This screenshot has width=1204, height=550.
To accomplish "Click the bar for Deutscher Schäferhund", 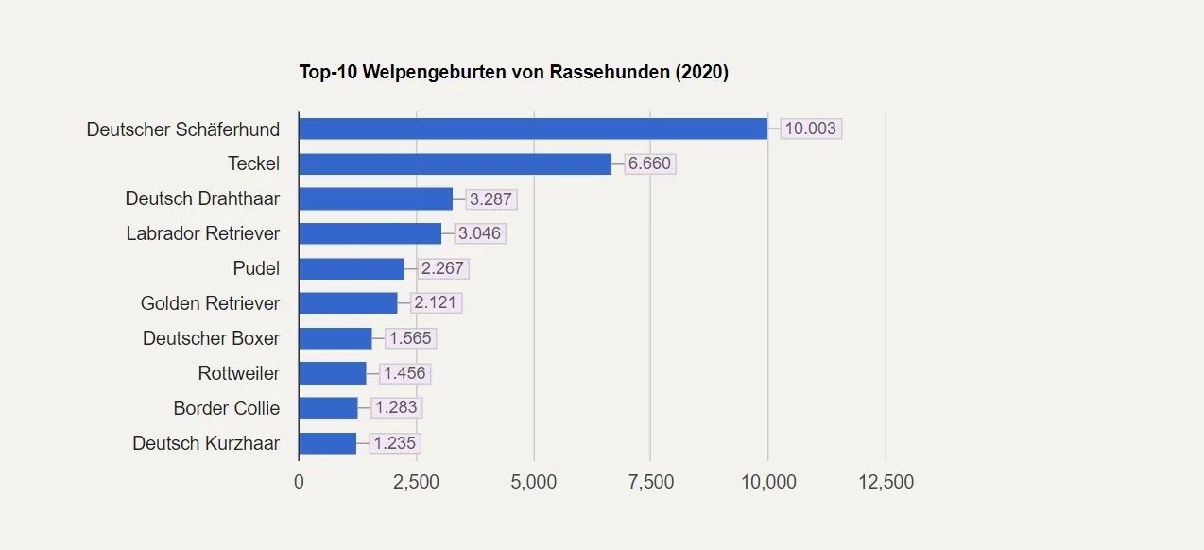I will [x=533, y=129].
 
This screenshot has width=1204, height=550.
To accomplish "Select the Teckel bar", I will [x=455, y=163].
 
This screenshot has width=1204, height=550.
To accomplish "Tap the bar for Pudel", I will [x=352, y=268].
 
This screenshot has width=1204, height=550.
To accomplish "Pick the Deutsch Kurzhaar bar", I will [x=327, y=443].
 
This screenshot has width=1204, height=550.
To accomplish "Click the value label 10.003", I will [x=811, y=129].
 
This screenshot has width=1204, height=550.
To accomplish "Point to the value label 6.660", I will [x=649, y=163].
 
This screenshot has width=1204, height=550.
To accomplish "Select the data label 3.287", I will [x=490, y=198].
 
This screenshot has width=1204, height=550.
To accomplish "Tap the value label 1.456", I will [x=404, y=373].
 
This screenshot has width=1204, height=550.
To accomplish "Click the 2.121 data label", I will [x=435, y=303].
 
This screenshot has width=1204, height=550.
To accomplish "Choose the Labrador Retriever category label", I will [x=203, y=233].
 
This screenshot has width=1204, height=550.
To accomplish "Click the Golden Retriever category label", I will [x=210, y=303].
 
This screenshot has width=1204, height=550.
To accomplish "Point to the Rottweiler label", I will [x=238, y=373].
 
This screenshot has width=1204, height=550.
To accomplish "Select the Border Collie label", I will [x=226, y=408].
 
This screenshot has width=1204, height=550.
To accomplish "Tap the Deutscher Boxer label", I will [x=211, y=338].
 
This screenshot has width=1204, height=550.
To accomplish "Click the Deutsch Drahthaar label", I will [x=202, y=198].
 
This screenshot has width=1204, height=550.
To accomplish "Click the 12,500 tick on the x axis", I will [x=886, y=482].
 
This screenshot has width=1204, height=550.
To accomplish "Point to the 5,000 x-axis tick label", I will [x=533, y=482].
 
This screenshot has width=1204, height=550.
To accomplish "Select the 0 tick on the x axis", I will [x=299, y=482].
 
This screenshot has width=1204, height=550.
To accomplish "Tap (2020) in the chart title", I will [x=701, y=72].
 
